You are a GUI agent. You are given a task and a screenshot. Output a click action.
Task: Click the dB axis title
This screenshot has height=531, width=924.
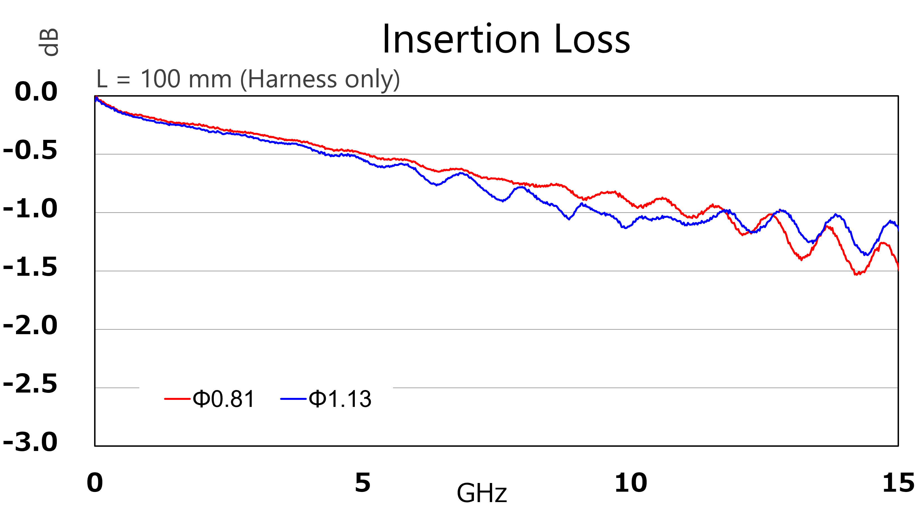[49, 42]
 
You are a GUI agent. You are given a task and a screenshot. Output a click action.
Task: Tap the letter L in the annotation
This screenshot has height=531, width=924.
[101, 79]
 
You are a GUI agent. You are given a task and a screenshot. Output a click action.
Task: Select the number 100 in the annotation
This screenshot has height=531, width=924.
[160, 79]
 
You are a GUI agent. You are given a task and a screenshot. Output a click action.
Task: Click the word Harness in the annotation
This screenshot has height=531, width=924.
[292, 79]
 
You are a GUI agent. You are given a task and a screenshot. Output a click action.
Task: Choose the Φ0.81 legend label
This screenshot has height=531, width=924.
[224, 399]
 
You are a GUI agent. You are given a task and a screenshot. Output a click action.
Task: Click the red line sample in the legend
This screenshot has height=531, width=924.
[177, 399]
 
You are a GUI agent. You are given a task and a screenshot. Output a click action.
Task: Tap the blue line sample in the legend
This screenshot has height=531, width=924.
[293, 399]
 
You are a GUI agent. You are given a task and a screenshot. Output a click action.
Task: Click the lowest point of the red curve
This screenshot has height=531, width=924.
[857, 274]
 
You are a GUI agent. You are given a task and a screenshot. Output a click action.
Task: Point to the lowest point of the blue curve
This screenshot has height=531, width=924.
[867, 255]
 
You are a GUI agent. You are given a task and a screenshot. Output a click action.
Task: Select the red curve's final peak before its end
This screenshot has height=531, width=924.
[883, 243]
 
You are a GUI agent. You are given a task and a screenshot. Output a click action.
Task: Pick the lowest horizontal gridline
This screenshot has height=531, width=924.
[496, 388]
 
